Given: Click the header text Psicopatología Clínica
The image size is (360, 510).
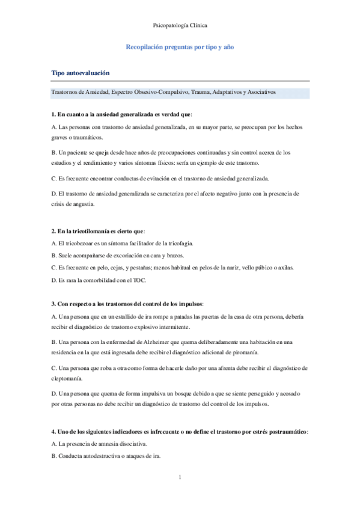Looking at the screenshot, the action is click(180, 26).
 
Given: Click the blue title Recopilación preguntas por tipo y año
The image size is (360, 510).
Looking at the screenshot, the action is click(180, 46).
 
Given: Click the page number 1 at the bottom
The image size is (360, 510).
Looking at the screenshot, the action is click(180, 478).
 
